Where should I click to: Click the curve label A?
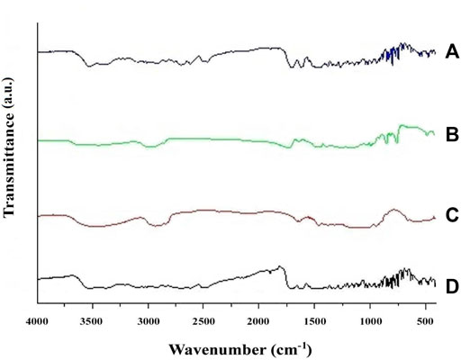pos(453,52)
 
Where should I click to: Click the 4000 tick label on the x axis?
pos(37,319)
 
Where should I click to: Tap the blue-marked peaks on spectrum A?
pos(393,56)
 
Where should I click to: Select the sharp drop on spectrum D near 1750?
pos(285,278)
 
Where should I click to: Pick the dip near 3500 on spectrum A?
pos(89,65)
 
